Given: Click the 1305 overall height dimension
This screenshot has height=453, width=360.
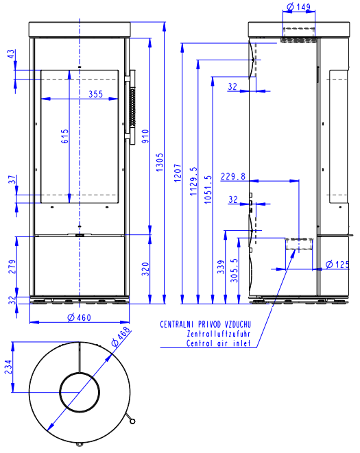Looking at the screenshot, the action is click(x=160, y=162).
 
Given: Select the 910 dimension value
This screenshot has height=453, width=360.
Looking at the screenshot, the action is click(x=145, y=136).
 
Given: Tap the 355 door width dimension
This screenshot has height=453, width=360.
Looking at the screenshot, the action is click(x=96, y=94).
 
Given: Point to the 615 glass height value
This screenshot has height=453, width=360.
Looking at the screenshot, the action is click(x=64, y=136).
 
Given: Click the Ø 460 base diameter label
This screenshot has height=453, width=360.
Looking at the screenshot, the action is click(x=80, y=317).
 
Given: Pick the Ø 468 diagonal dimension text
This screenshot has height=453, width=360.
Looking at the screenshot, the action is click(x=121, y=336).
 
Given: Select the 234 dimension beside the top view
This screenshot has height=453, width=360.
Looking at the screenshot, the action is click(x=8, y=367).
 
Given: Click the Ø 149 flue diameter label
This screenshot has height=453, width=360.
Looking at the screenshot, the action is click(x=298, y=7).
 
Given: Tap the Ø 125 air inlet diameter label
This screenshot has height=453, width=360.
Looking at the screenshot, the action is click(x=337, y=264).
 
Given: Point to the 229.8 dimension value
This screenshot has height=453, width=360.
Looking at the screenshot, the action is click(x=233, y=176).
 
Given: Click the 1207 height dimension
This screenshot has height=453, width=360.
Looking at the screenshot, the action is click(x=178, y=173).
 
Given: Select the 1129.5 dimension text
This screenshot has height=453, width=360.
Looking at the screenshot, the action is click(x=193, y=181).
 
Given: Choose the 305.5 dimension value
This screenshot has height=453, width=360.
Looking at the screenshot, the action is click(x=234, y=271).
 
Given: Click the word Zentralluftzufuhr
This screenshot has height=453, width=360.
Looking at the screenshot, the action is click(x=219, y=334).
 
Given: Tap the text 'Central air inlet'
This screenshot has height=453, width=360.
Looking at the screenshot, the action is click(x=218, y=343).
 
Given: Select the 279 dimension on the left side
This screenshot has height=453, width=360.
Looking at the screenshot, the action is click(x=12, y=267).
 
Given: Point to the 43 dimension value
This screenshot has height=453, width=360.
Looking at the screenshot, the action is click(x=11, y=54).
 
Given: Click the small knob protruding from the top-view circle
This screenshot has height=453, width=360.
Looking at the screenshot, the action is click(x=130, y=418).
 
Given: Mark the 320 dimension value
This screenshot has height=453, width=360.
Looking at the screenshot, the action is click(x=145, y=269).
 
